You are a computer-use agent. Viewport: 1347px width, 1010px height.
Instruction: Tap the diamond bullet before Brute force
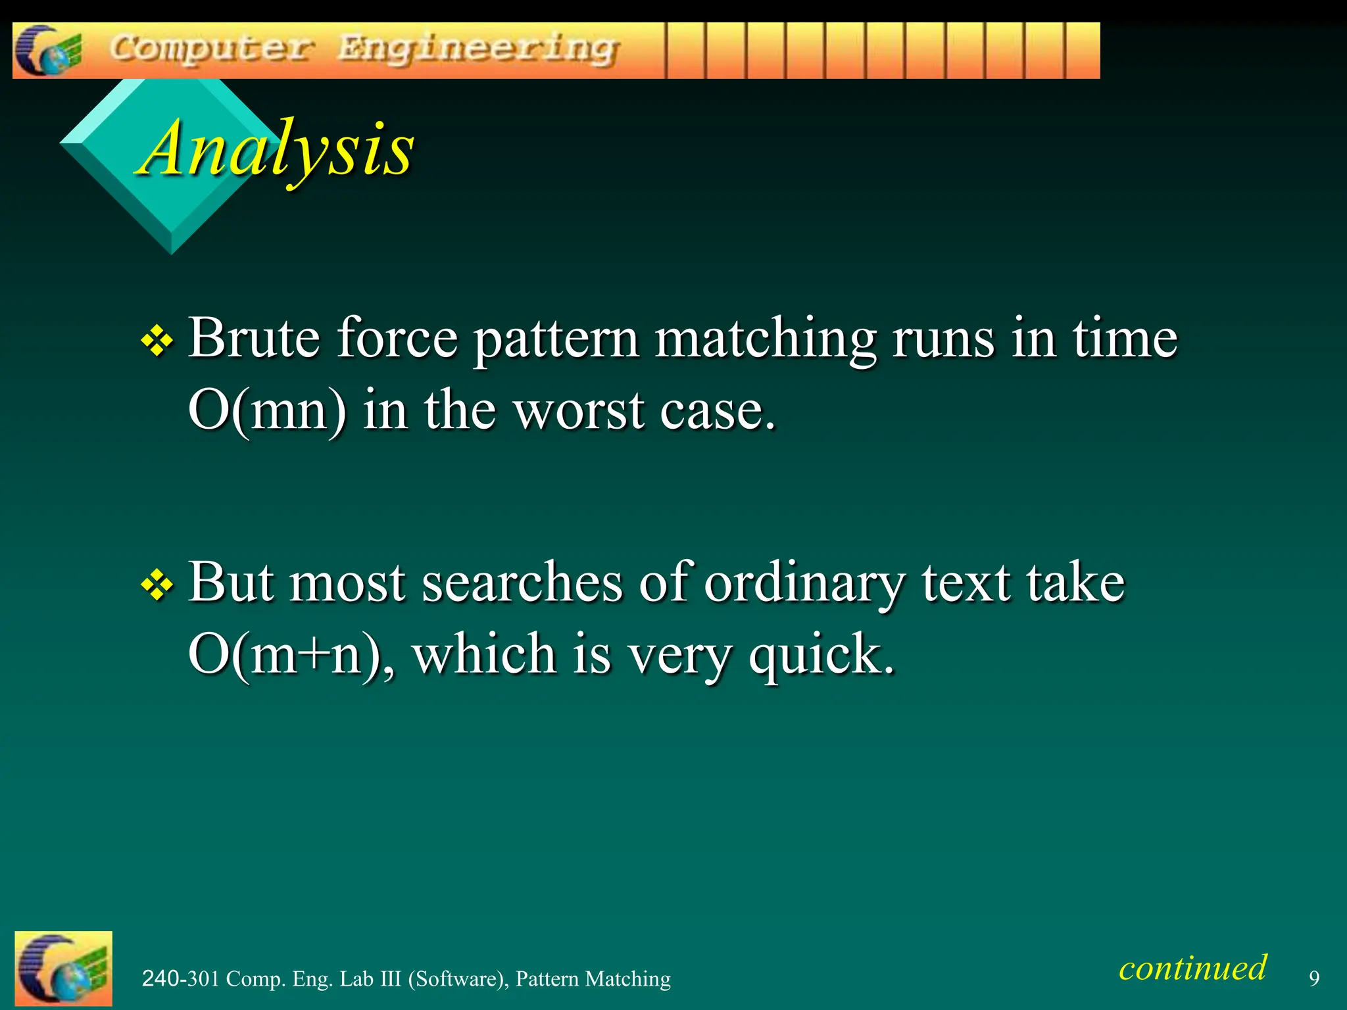[x=157, y=342]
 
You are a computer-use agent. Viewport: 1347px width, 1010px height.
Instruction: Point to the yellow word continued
[x=1192, y=968]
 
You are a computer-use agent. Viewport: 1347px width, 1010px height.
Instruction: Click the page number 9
[x=1313, y=978]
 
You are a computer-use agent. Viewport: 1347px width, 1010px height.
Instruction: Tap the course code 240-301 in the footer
[x=180, y=978]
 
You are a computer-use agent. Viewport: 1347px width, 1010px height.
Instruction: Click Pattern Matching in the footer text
[x=593, y=978]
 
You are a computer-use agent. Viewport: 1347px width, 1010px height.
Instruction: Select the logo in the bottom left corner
[x=63, y=968]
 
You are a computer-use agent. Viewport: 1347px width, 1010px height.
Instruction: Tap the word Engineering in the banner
[x=478, y=50]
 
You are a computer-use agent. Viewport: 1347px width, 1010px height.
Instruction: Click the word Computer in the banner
[x=212, y=49]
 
